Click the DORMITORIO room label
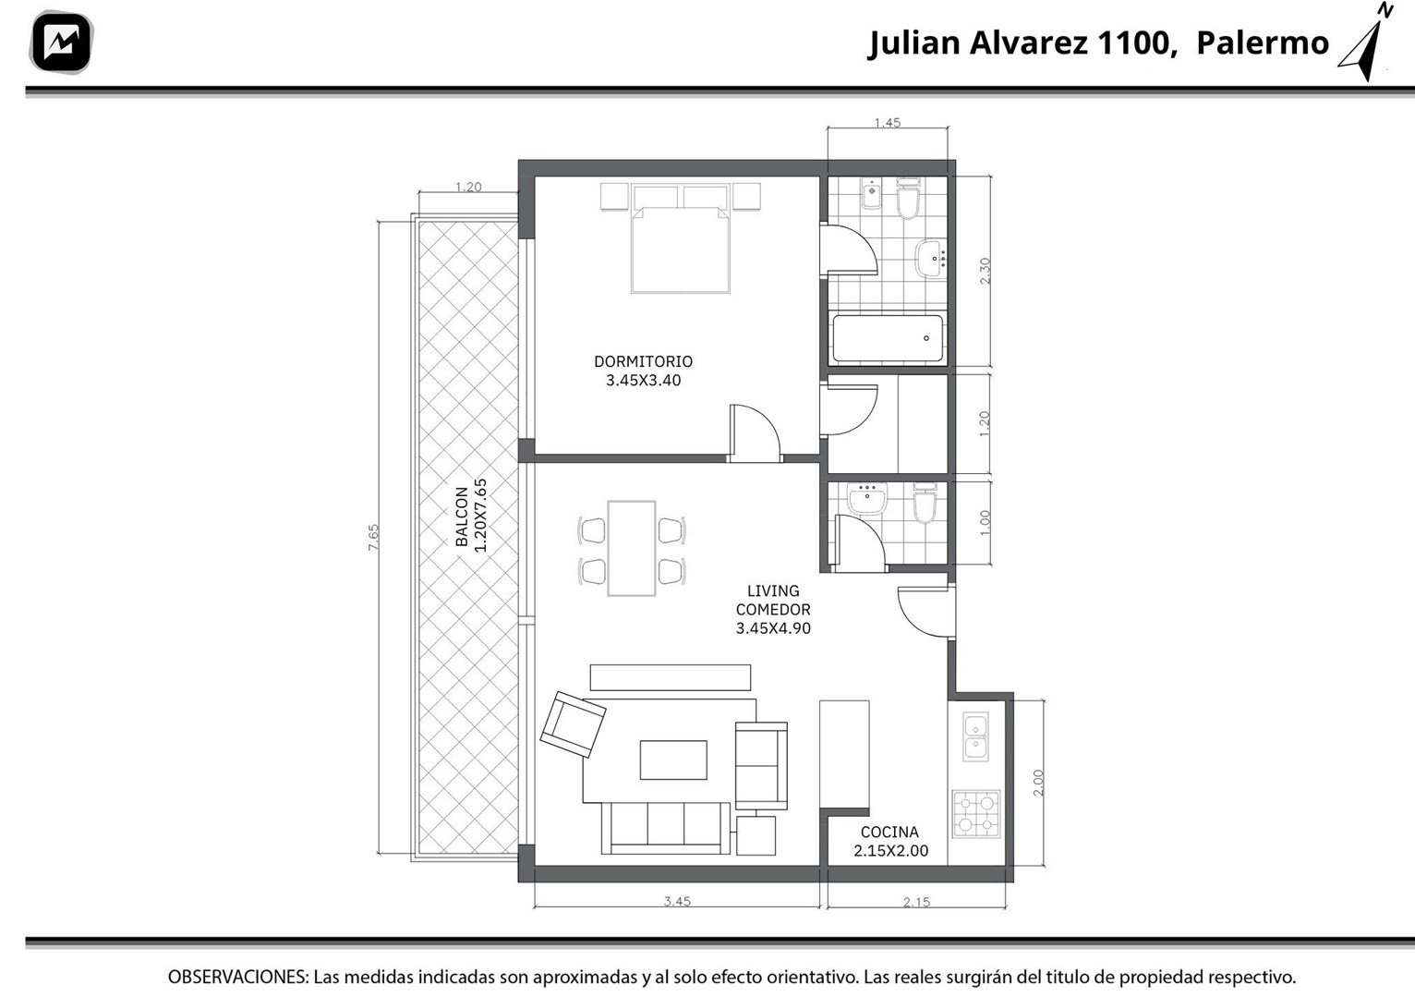coord(643,361)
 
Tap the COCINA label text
coord(889,833)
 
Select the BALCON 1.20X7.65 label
coord(471,516)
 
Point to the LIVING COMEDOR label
coord(773,601)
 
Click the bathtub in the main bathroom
coord(889,338)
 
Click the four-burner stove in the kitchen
coord(976,814)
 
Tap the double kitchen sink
coord(976,736)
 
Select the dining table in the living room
coord(631,548)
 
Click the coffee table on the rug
coord(673,760)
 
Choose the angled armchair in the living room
coord(573,724)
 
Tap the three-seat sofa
coord(665,828)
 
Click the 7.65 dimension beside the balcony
coord(373,537)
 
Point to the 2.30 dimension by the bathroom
coord(985,271)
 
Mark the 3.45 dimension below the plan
coord(677,902)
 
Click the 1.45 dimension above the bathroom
coord(888,123)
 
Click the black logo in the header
coord(61,43)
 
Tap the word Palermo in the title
coord(1263,43)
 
